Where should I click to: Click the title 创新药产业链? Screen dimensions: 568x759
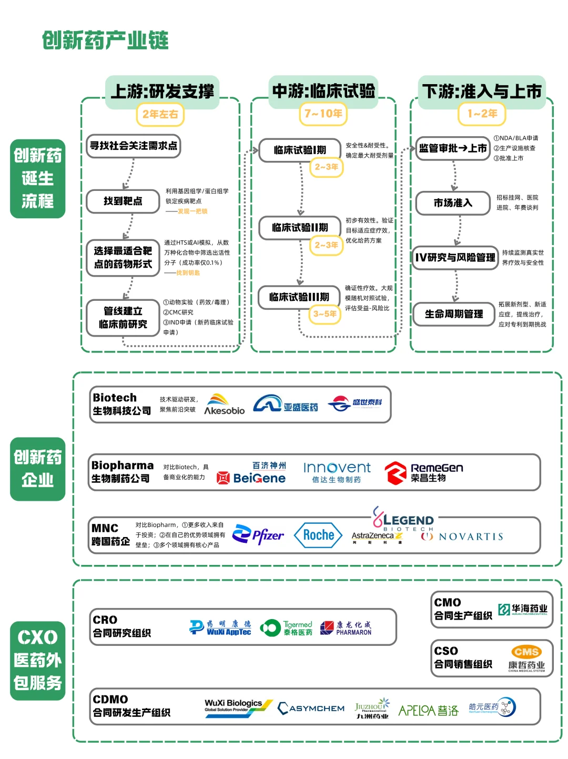[105, 41]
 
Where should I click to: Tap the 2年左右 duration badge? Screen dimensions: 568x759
[160, 114]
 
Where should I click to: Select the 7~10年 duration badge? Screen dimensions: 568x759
[323, 114]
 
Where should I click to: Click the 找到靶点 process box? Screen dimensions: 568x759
[123, 201]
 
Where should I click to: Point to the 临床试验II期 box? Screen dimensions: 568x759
[300, 227]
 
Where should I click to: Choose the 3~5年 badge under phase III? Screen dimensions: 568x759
[324, 314]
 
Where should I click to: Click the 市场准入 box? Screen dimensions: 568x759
[453, 203]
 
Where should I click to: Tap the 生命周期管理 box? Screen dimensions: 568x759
[454, 314]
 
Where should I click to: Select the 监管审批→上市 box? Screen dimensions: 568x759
[453, 148]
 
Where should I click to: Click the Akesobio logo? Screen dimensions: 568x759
[225, 404]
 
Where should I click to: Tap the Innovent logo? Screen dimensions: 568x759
[337, 472]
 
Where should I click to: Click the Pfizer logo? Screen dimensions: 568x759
[258, 535]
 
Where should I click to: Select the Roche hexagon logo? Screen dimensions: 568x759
[318, 535]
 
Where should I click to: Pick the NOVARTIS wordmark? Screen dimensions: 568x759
[463, 537]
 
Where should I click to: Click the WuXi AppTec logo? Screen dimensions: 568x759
[220, 628]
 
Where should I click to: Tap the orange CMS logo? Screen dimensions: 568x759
[526, 652]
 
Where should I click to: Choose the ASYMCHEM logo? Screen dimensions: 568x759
[311, 709]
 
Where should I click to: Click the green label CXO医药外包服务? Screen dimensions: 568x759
[37, 660]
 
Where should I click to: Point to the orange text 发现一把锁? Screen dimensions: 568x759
[192, 211]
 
